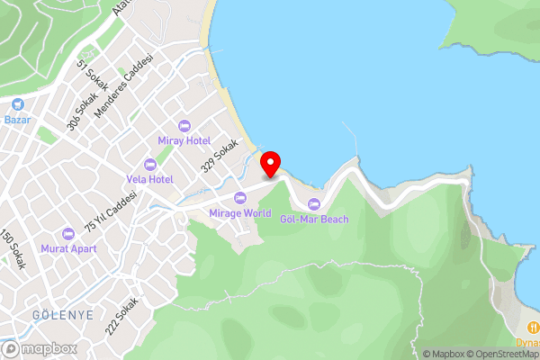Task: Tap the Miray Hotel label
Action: pos(184,141)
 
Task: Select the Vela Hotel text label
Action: pos(149,179)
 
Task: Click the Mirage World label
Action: pos(239,213)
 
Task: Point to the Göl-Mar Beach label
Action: pos(314,219)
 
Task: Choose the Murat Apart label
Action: pos(68,247)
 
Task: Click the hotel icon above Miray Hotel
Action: pos(184,126)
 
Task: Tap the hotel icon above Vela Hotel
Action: pos(149,164)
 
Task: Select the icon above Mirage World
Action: pos(239,198)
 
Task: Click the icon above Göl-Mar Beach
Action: pos(314,203)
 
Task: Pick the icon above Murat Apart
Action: pos(68,232)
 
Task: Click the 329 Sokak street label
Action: pos(220,155)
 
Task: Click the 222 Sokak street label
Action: pos(121,316)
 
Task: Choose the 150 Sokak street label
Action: pos(13,251)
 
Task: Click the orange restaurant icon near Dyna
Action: pos(534,327)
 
